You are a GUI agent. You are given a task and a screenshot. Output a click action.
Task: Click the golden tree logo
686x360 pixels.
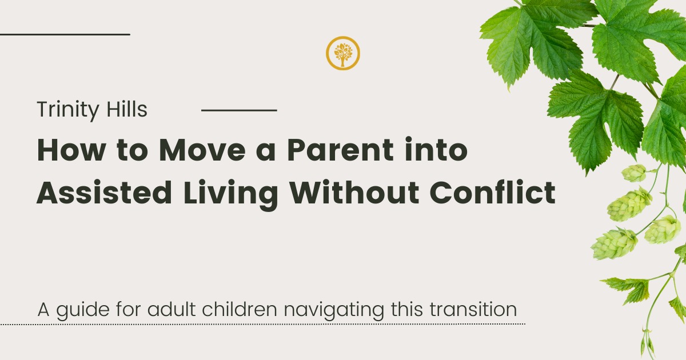click(x=342, y=53)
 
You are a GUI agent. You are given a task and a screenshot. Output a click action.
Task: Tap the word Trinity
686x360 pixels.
click(x=68, y=110)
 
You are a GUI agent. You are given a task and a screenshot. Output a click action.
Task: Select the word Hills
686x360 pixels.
click(x=127, y=109)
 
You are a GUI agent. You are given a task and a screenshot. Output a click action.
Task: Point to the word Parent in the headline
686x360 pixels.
click(x=340, y=150)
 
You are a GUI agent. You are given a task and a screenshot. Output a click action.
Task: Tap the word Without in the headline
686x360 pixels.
click(x=354, y=193)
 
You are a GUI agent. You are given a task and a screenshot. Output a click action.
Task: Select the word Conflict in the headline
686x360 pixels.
click(x=492, y=193)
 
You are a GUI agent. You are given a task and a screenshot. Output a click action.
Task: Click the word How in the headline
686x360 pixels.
click(x=71, y=150)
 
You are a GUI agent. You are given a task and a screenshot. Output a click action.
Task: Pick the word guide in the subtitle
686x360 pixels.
click(x=83, y=311)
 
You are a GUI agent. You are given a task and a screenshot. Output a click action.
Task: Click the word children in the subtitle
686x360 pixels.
click(x=239, y=309)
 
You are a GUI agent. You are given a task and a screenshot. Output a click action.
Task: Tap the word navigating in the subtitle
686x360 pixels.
click(x=334, y=311)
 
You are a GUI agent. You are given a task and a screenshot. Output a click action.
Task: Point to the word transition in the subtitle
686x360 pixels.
click(x=473, y=309)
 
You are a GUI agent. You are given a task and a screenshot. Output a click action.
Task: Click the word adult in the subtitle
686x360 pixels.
click(x=171, y=309)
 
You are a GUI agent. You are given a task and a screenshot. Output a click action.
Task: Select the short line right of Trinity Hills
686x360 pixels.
click(x=239, y=110)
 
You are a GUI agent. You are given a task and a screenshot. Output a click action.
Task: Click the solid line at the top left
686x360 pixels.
click(x=65, y=35)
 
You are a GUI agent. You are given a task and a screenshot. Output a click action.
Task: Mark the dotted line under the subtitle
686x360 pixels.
click(x=262, y=324)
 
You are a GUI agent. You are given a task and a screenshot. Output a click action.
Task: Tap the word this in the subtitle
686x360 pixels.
click(x=406, y=309)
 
